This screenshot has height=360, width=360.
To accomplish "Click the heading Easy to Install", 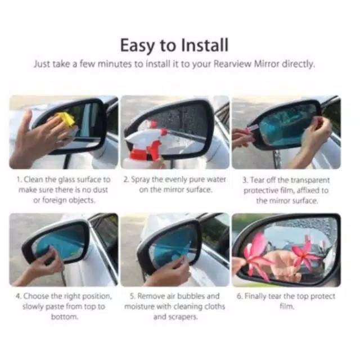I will tap(174, 44).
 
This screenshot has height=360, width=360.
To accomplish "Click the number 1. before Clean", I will tap(19, 180).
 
